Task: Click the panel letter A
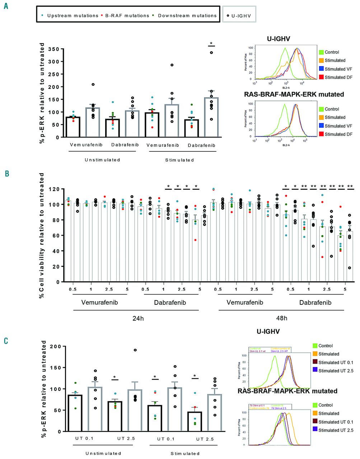pyautogui.click(x=6, y=6)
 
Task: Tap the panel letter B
pyautogui.click(x=6, y=174)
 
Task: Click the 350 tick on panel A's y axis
pyautogui.click(x=54, y=49)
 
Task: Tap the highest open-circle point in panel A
pyautogui.click(x=211, y=53)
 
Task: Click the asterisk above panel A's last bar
pyautogui.click(x=211, y=44)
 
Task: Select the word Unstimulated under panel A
pyautogui.click(x=102, y=160)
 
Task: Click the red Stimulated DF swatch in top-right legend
pyautogui.click(x=321, y=77)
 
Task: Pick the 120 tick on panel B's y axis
pyautogui.click(x=54, y=189)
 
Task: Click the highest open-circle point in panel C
pyautogui.click(x=136, y=350)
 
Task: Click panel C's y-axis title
pyautogui.click(x=44, y=389)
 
